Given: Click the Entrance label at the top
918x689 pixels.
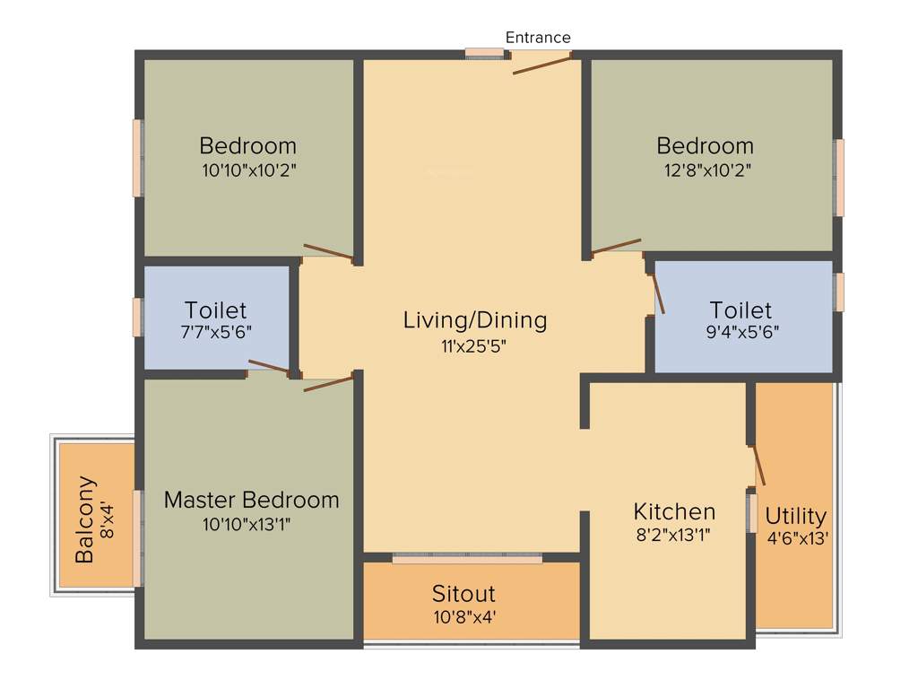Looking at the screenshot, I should [538, 38].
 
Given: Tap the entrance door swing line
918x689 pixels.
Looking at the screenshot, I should [542, 63].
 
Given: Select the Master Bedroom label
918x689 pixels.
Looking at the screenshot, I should [251, 500].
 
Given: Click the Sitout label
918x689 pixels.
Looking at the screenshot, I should [463, 594].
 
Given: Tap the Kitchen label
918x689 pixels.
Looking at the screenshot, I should [674, 511].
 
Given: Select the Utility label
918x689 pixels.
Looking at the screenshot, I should [795, 517].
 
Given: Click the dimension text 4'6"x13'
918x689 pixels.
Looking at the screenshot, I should [796, 539].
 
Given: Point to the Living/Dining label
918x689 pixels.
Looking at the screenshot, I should [474, 319].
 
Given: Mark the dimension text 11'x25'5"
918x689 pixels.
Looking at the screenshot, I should [474, 344].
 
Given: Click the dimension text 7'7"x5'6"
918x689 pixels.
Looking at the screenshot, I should [216, 331].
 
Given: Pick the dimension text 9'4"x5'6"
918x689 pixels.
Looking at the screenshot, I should [740, 331].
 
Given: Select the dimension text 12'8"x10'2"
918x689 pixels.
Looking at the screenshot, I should [705, 170].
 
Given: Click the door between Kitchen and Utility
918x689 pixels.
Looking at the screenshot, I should [758, 465].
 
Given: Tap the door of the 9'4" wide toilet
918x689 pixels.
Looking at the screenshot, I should [658, 292].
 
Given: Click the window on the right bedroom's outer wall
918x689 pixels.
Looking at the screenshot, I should [840, 178].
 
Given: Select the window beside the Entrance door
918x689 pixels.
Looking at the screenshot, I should [485, 55].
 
